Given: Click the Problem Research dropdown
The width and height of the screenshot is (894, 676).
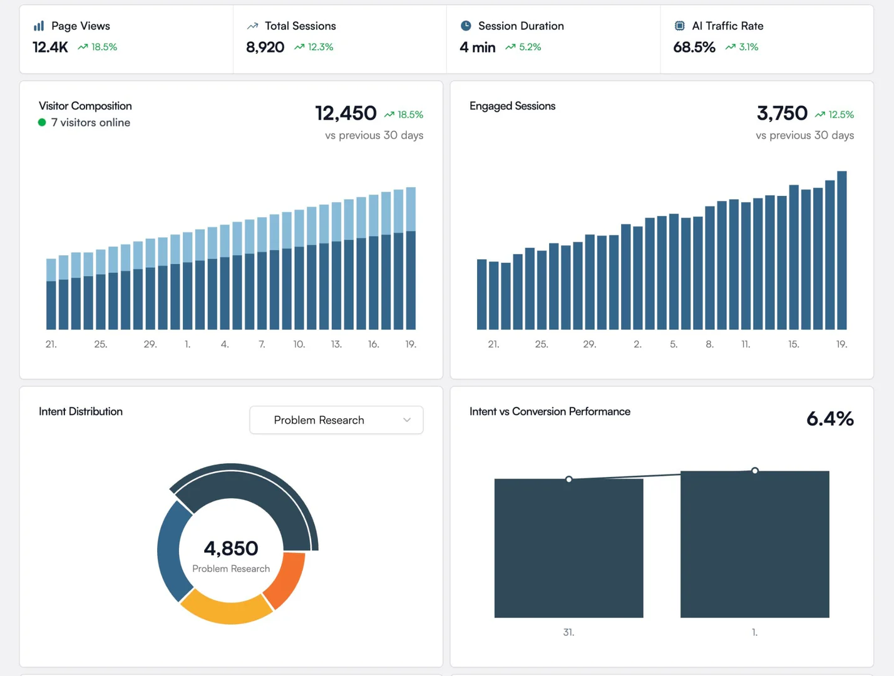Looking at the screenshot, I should pyautogui.click(x=336, y=420).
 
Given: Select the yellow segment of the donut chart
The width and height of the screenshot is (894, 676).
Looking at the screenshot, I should pyautogui.click(x=225, y=608).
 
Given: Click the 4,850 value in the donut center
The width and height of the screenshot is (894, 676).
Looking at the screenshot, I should pyautogui.click(x=231, y=548).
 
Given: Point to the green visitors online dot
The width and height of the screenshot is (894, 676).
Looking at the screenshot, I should pyautogui.click(x=42, y=123).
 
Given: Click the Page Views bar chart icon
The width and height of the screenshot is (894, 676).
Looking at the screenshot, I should pyautogui.click(x=39, y=26).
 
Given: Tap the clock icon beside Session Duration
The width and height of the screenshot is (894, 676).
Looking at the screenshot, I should pyautogui.click(x=466, y=26).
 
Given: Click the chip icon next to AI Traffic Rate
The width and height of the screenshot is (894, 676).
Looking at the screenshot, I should pyautogui.click(x=679, y=26).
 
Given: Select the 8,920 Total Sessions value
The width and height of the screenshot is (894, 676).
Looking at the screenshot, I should pyautogui.click(x=265, y=47).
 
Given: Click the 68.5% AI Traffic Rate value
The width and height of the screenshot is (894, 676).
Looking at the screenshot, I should pyautogui.click(x=694, y=47).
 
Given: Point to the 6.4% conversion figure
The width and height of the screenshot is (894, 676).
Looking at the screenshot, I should pyautogui.click(x=830, y=419).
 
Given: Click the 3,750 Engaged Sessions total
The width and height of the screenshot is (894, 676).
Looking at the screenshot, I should pyautogui.click(x=782, y=113).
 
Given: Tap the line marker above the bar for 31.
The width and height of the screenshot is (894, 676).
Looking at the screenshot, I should pyautogui.click(x=568, y=479).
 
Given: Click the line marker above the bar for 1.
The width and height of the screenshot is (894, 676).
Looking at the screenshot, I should pyautogui.click(x=755, y=471).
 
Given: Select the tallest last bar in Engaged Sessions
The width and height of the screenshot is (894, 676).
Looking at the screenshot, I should pyautogui.click(x=842, y=250).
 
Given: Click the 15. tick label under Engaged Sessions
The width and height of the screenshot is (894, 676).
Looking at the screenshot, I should pyautogui.click(x=793, y=344).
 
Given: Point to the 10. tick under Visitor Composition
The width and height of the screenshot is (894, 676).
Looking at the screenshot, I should pyautogui.click(x=299, y=344).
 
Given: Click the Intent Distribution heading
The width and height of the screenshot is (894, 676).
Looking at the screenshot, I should pyautogui.click(x=81, y=411).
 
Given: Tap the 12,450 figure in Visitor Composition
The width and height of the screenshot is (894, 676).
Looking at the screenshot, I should pyautogui.click(x=346, y=113).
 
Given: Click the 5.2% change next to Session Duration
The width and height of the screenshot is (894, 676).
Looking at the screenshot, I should pyautogui.click(x=530, y=47).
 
